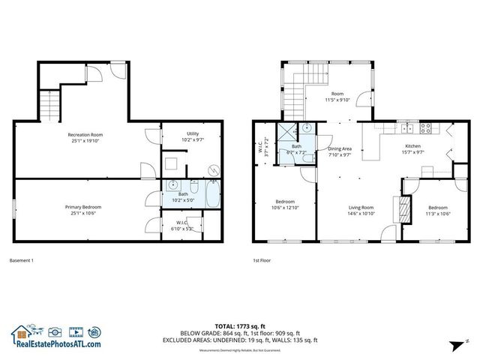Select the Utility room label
pos(193,135)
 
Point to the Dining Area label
pos(340,148)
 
